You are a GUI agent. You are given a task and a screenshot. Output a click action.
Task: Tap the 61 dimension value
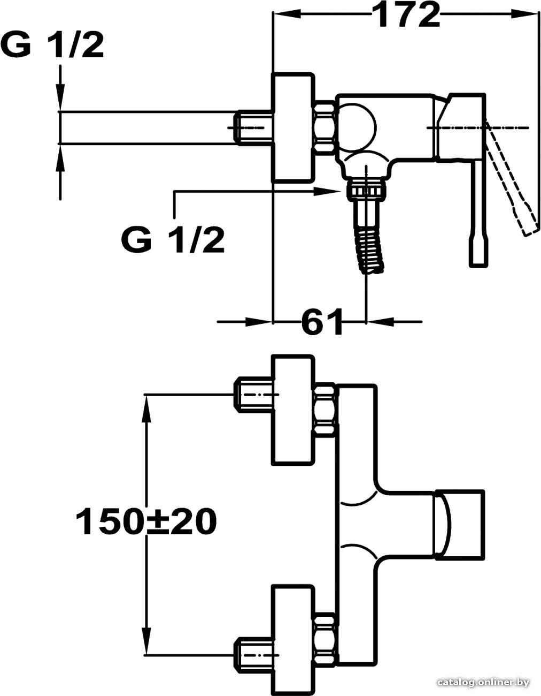click(321, 321)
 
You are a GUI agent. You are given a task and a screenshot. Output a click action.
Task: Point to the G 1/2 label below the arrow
click(172, 240)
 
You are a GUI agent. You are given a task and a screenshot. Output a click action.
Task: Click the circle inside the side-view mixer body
click(358, 127)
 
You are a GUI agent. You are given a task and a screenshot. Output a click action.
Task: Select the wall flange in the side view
click(292, 128)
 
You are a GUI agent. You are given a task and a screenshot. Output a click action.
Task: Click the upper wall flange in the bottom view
click(292, 410)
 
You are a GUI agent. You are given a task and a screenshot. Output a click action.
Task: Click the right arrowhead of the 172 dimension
click(524, 14)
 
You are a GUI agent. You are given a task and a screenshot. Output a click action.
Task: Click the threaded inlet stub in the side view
click(254, 127)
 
